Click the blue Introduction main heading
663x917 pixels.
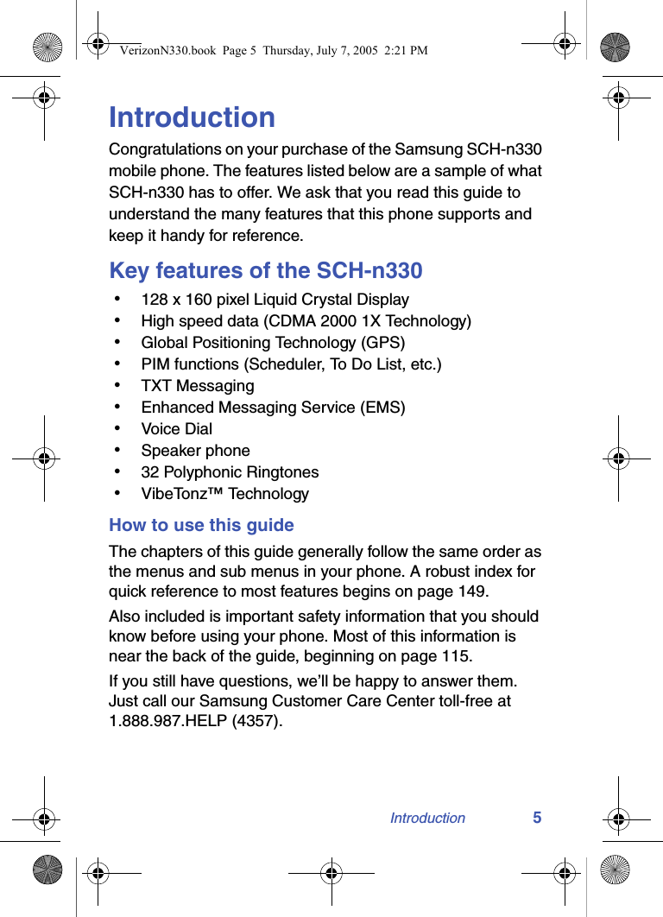192,117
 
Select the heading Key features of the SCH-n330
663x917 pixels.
266,270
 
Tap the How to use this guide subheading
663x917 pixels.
201,525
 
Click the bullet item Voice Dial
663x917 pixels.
176,429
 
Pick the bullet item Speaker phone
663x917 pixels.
195,451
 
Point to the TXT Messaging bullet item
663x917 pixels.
198,386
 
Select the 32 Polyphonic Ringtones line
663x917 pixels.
230,472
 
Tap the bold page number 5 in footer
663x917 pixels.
537,818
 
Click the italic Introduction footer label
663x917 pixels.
427,818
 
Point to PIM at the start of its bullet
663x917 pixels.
156,364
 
